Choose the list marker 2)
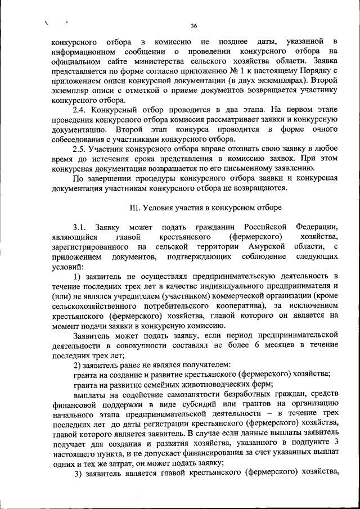pos(78,365)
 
